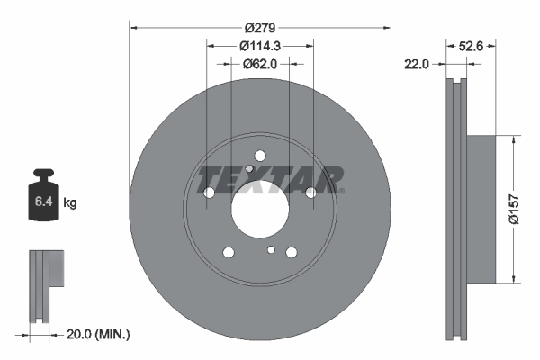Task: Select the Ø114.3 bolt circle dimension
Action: pyautogui.click(x=260, y=47)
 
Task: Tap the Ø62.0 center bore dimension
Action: pyautogui.click(x=260, y=64)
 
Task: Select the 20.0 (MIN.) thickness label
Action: pyautogui.click(x=99, y=334)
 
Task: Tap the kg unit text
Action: pyautogui.click(x=70, y=203)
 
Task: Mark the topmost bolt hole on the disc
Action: pyautogui.click(x=260, y=155)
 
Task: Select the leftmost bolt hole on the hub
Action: pyautogui.click(x=210, y=192)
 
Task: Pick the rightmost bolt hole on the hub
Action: pyautogui.click(x=310, y=192)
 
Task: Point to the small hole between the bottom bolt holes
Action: pyautogui.click(x=270, y=249)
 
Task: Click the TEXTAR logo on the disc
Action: pyautogui.click(x=270, y=177)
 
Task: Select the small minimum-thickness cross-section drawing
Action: pyautogui.click(x=44, y=286)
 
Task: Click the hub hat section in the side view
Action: pyautogui.click(x=481, y=208)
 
